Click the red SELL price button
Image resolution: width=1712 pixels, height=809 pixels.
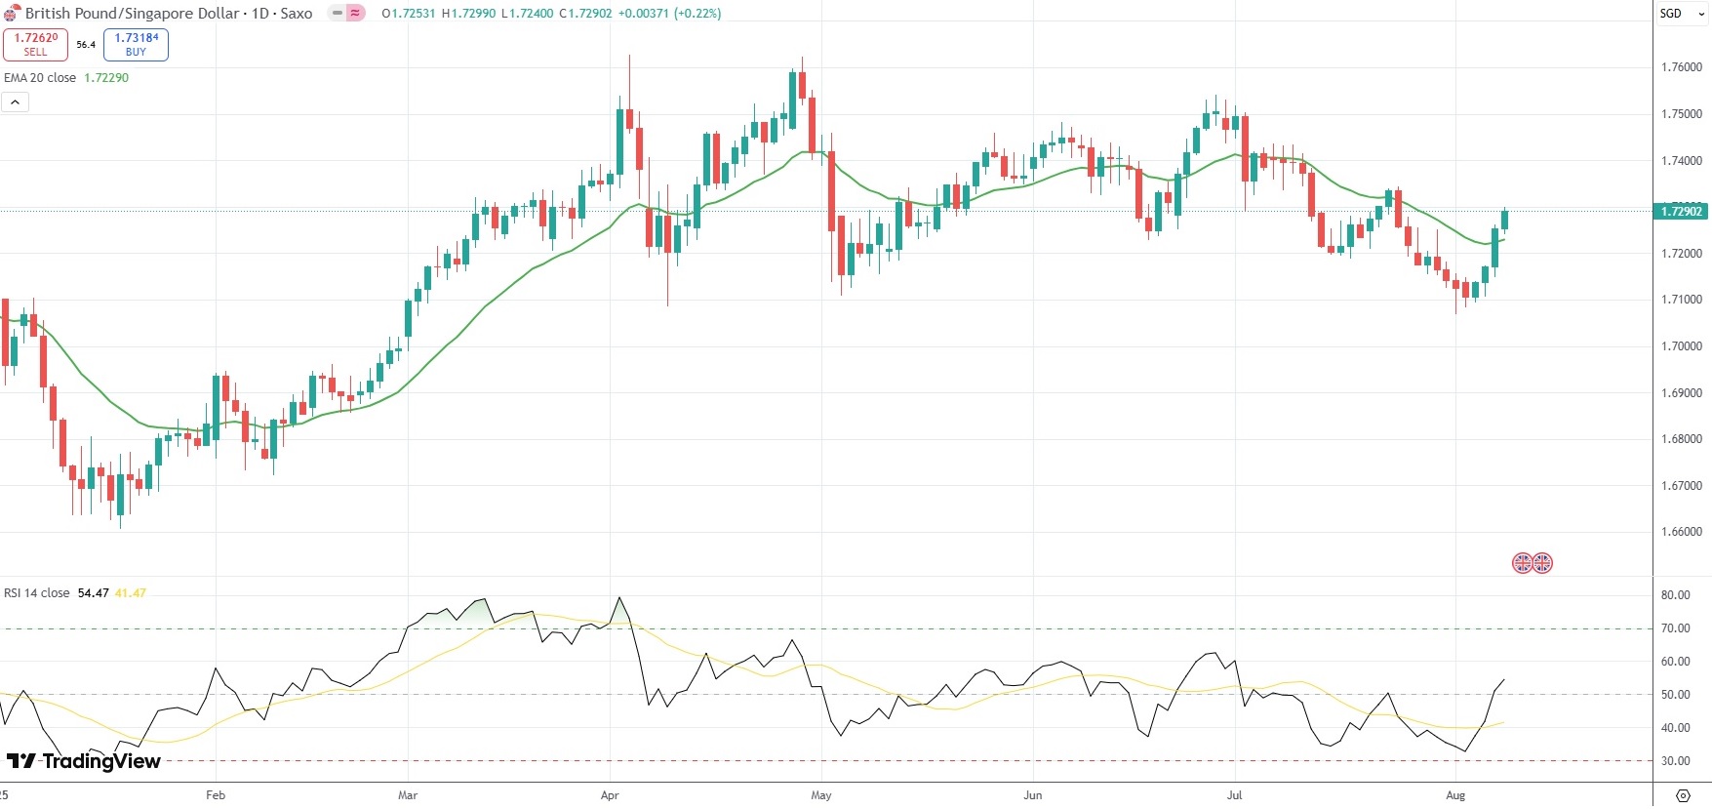pyautogui.click(x=35, y=44)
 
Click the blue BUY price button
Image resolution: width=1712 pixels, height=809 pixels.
pyautogui.click(x=136, y=44)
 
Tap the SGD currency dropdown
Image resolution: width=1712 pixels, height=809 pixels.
pyautogui.click(x=1681, y=14)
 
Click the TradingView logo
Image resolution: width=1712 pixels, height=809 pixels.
pyautogui.click(x=84, y=761)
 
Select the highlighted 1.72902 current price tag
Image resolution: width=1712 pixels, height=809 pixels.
pyautogui.click(x=1681, y=211)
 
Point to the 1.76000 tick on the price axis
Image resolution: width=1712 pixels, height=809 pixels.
pyautogui.click(x=1681, y=67)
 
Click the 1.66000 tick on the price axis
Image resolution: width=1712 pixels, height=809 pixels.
pyautogui.click(x=1681, y=532)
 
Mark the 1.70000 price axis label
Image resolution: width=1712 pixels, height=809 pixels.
pyautogui.click(x=1681, y=346)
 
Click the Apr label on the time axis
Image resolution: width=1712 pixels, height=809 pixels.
pyautogui.click(x=610, y=795)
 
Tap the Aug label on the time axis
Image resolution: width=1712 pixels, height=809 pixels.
pyautogui.click(x=1455, y=795)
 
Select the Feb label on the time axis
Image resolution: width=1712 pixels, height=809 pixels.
pyautogui.click(x=216, y=795)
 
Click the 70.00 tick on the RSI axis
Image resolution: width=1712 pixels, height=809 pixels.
pyautogui.click(x=1675, y=628)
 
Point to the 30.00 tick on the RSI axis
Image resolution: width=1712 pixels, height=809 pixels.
pyautogui.click(x=1675, y=761)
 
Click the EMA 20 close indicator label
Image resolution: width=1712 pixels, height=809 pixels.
pyautogui.click(x=40, y=78)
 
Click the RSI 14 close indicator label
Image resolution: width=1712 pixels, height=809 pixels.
pyautogui.click(x=37, y=593)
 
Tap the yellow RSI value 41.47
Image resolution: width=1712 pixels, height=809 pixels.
pyautogui.click(x=131, y=593)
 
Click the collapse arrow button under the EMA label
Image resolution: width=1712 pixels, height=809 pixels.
pyautogui.click(x=15, y=101)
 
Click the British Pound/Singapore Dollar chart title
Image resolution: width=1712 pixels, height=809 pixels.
pyautogui.click(x=132, y=14)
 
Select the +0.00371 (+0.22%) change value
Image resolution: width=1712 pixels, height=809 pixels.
pyautogui.click(x=669, y=14)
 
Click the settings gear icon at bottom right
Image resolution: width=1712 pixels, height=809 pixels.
pyautogui.click(x=1683, y=795)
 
